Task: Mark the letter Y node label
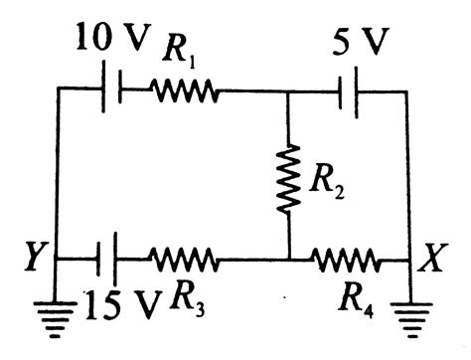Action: pyautogui.click(x=37, y=261)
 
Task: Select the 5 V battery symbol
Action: pyautogui.click(x=348, y=90)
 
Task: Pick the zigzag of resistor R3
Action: pyautogui.click(x=185, y=261)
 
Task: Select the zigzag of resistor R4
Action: pyautogui.click(x=348, y=261)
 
